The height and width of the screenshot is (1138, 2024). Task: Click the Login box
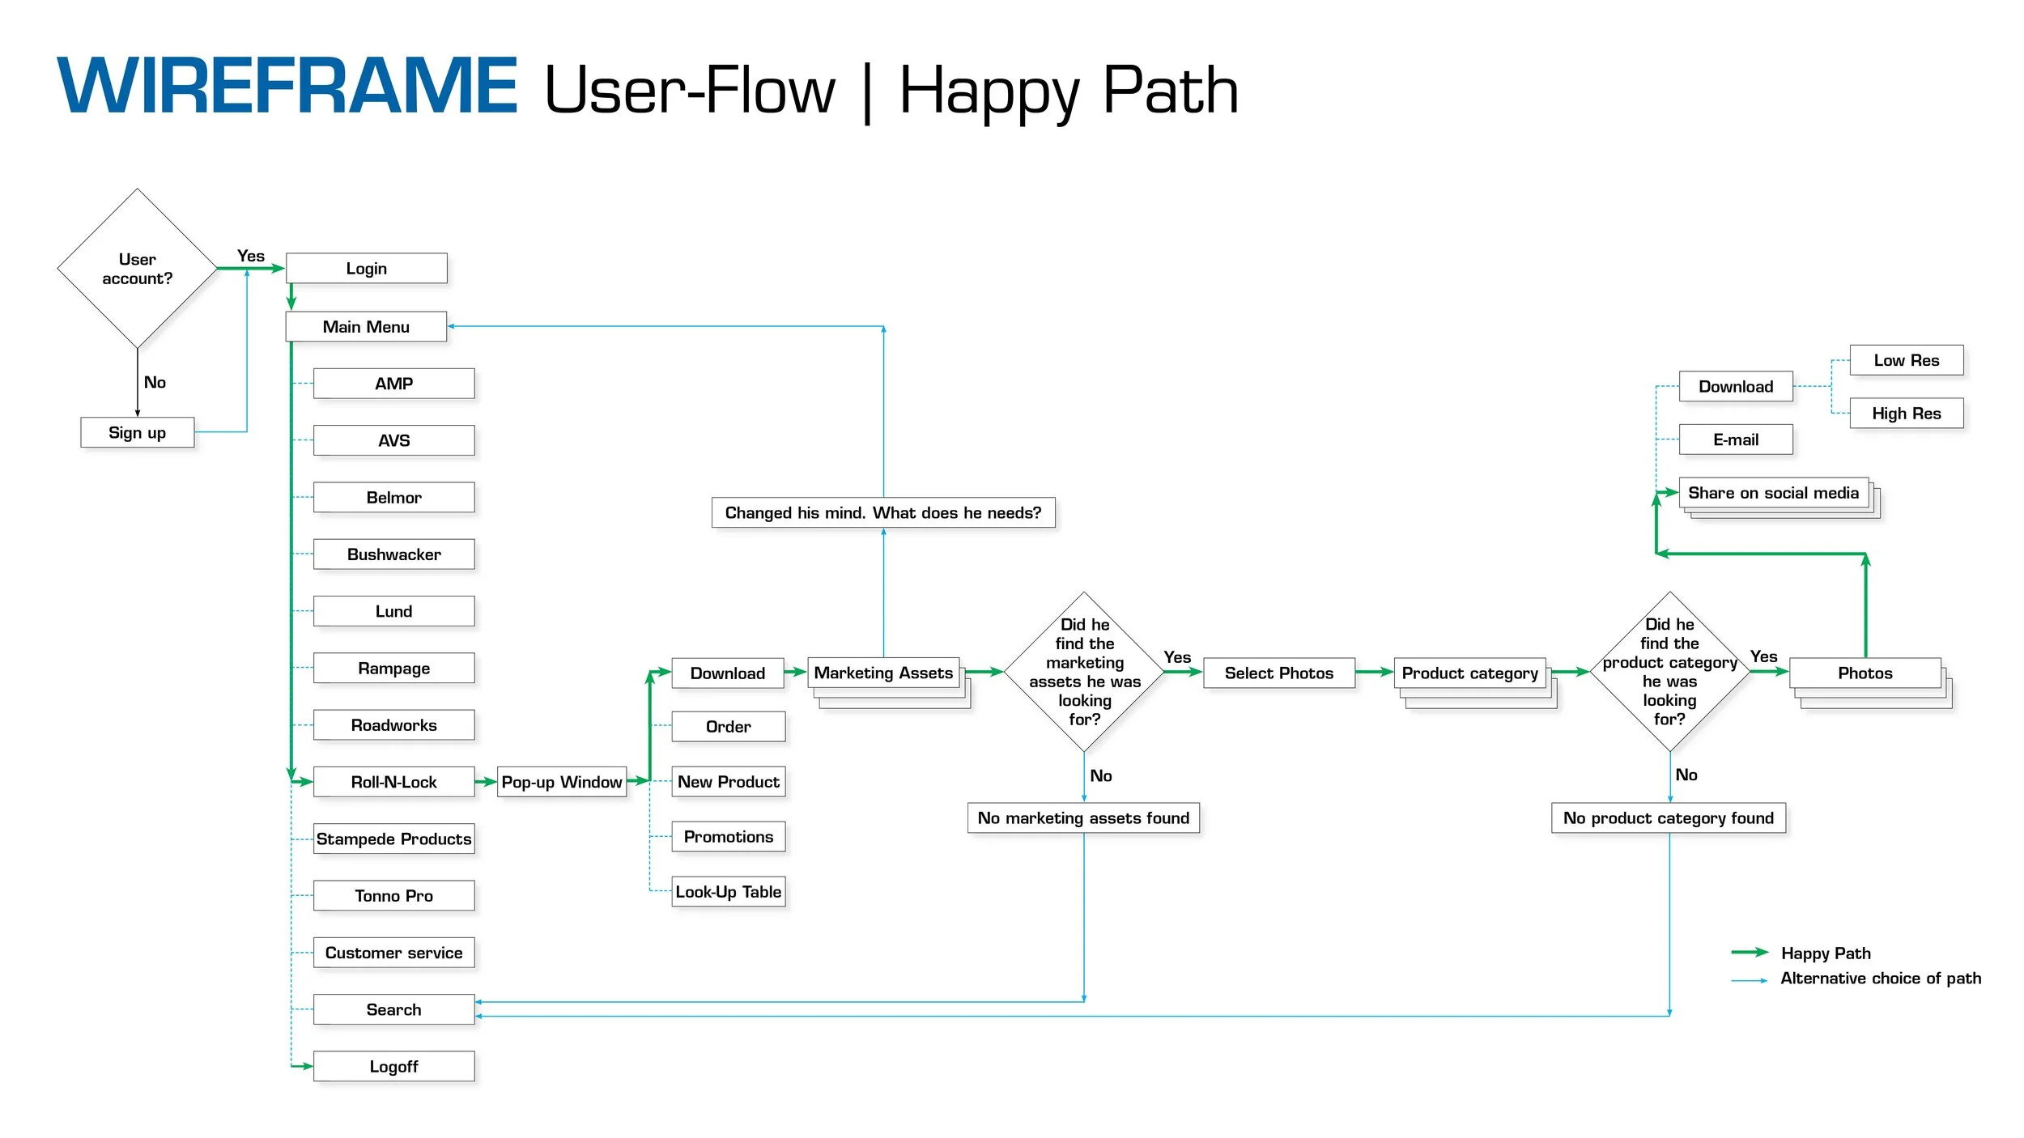[366, 268]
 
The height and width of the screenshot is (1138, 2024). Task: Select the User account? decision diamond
[137, 269]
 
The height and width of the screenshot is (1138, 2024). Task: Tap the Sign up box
[137, 432]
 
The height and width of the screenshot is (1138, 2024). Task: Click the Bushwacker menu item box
[393, 554]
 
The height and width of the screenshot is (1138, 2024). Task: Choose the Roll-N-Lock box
[393, 782]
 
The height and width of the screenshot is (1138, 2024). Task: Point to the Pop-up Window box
[561, 782]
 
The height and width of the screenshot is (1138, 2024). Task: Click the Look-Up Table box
[728, 891]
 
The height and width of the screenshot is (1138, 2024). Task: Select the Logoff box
[393, 1066]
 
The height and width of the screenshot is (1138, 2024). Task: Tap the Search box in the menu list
[393, 1009]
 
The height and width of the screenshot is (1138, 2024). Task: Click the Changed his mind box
[882, 512]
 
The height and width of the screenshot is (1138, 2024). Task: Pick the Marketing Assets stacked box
[882, 673]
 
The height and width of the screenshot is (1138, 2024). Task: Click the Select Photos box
[1278, 673]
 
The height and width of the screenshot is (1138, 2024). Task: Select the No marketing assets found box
[1083, 817]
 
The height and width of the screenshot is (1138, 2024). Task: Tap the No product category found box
[1668, 817]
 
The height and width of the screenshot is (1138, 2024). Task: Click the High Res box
[1906, 413]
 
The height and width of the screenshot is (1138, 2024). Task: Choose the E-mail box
[1735, 439]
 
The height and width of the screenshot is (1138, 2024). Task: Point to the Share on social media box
[1773, 492]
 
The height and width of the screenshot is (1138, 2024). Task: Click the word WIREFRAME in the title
[287, 86]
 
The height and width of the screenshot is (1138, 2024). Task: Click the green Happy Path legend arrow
[1750, 952]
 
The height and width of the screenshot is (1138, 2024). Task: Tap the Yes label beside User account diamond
[250, 256]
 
